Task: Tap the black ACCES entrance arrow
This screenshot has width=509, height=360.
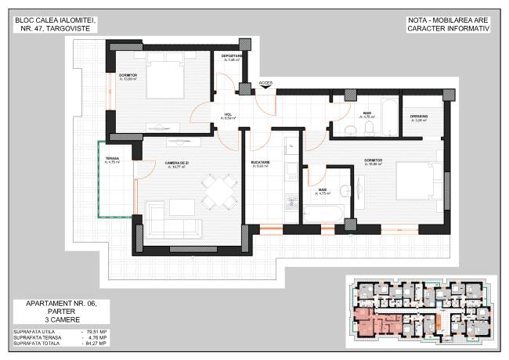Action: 265,88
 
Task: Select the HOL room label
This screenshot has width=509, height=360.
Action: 229,115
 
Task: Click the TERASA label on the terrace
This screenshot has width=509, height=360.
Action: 112,160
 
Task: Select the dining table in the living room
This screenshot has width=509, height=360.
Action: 219,190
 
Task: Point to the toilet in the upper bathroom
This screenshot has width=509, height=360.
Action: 347,129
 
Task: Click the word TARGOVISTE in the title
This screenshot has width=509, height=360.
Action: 72,28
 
